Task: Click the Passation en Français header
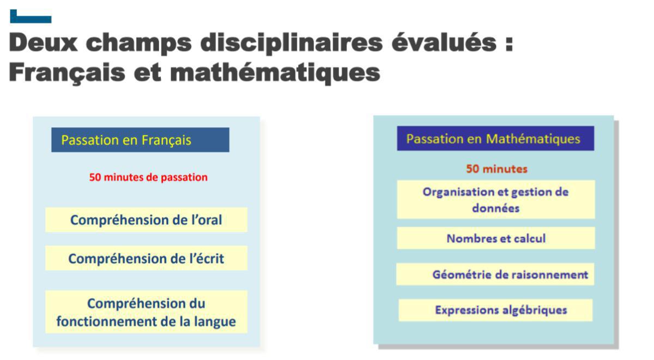click(140, 140)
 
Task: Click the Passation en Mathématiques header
click(495, 139)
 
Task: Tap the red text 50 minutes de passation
click(148, 178)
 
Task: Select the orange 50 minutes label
click(496, 169)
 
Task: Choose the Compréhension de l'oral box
click(146, 220)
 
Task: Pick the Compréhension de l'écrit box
click(146, 259)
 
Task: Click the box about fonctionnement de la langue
click(146, 312)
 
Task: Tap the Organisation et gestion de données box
click(495, 199)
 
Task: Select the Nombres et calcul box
click(495, 239)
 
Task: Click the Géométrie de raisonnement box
click(495, 274)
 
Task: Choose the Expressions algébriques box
click(495, 310)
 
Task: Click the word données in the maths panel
click(495, 208)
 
